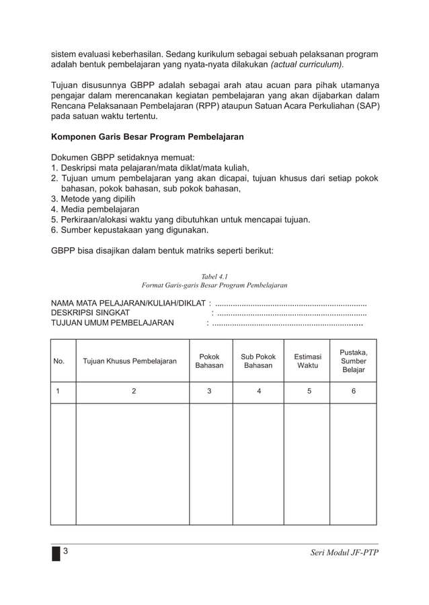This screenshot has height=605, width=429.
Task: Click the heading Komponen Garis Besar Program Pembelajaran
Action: (147, 137)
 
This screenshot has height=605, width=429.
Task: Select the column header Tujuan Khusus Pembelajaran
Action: (130, 361)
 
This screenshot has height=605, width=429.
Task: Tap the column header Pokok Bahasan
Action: (209, 361)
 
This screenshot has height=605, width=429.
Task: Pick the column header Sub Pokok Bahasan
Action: (258, 361)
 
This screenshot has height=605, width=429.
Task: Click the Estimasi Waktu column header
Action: (307, 361)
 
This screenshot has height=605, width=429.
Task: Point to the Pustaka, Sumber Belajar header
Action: (353, 361)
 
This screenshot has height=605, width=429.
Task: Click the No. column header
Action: (59, 361)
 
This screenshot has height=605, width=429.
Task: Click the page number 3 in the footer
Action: (66, 551)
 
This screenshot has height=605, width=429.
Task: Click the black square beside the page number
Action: (56, 553)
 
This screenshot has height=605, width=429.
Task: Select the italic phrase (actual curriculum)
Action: (307, 64)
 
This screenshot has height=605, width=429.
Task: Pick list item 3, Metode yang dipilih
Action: (93, 199)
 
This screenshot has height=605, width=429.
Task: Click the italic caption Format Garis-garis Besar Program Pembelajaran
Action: (214, 285)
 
